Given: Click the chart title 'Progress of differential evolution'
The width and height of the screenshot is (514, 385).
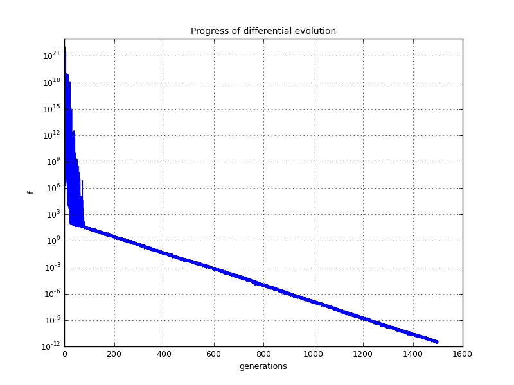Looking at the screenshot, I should click(x=263, y=31).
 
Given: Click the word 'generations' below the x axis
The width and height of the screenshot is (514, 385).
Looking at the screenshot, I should click(x=263, y=366).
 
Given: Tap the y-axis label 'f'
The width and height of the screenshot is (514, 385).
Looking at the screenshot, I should click(x=30, y=193).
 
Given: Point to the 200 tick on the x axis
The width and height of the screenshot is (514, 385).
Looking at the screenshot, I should click(x=114, y=354).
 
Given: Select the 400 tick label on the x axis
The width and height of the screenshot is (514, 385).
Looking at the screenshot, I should click(x=164, y=354).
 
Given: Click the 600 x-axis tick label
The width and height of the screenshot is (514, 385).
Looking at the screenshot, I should click(x=213, y=354).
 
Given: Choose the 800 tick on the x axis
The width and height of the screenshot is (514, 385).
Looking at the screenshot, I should click(x=263, y=354).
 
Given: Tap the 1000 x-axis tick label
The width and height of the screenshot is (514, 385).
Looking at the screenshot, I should click(x=313, y=354).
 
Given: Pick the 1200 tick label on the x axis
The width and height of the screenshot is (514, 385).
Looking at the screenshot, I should click(x=363, y=354).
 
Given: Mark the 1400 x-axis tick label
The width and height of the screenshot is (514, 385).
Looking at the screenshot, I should click(x=412, y=354).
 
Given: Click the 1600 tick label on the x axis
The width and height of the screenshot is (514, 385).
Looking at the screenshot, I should click(x=463, y=354).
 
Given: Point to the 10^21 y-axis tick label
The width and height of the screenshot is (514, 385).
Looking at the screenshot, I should click(x=51, y=55).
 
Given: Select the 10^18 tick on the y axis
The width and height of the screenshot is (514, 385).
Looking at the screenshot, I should click(x=51, y=82).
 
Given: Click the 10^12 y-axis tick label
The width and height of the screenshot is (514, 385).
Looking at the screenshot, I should click(x=51, y=135).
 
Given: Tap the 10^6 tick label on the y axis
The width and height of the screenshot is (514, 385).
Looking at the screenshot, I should click(x=52, y=187).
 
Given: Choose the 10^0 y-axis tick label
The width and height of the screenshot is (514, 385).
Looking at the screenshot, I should click(x=52, y=241).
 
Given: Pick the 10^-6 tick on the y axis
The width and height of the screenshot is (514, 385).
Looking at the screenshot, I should click(x=51, y=293).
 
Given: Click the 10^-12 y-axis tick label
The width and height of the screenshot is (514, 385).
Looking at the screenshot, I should click(x=50, y=346).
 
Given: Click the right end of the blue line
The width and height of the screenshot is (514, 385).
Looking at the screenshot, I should click(x=438, y=342).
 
